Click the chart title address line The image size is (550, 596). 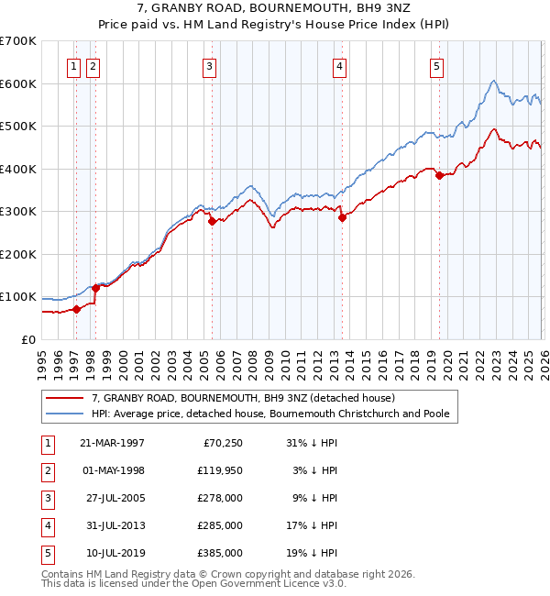pyautogui.click(x=274, y=8)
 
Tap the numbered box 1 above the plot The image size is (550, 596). pyautogui.click(x=73, y=66)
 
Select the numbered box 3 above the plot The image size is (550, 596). pyautogui.click(x=210, y=66)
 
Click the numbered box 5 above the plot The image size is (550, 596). pyautogui.click(x=436, y=66)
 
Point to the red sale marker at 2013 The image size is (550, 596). pyautogui.click(x=342, y=218)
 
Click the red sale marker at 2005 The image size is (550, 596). pyautogui.click(x=212, y=221)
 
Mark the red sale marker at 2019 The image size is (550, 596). pyautogui.click(x=439, y=175)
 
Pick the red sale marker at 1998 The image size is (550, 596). pyautogui.click(x=95, y=288)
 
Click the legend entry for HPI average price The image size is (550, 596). pyautogui.click(x=270, y=414)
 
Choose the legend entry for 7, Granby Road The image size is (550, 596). pyautogui.click(x=243, y=399)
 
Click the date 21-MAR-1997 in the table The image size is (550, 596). pyautogui.click(x=112, y=443)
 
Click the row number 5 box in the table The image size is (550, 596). pyautogui.click(x=47, y=553)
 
